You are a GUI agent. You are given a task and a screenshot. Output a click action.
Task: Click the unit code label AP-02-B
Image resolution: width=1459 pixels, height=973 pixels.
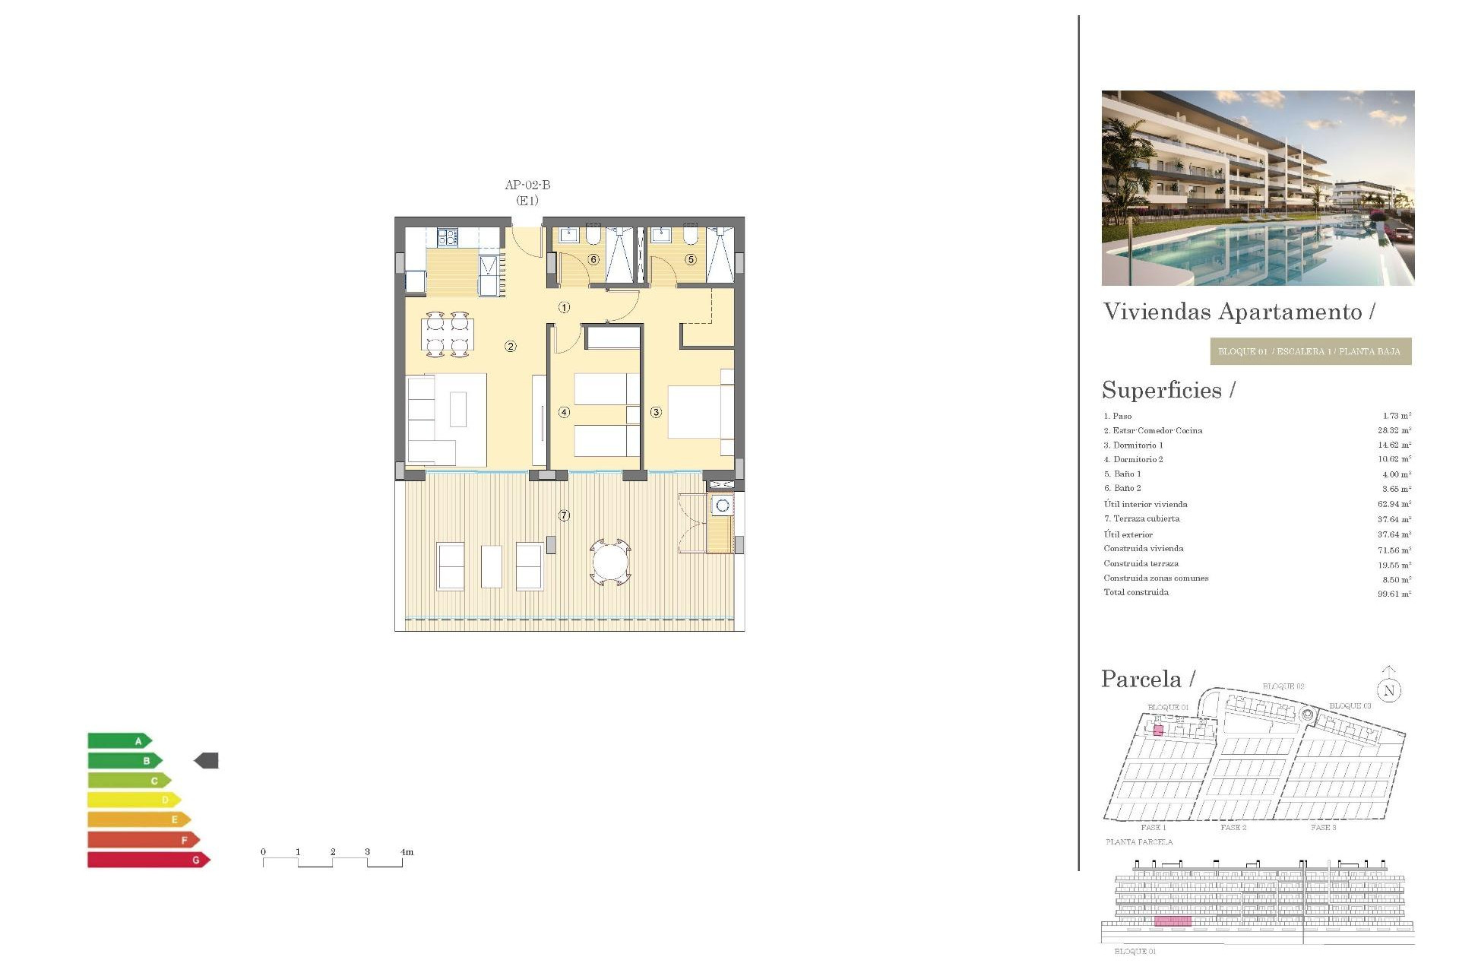(527, 185)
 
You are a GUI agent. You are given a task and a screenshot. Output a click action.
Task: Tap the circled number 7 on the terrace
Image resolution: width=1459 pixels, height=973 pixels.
(564, 515)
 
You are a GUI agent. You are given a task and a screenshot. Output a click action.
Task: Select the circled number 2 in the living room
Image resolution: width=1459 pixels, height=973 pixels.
(511, 347)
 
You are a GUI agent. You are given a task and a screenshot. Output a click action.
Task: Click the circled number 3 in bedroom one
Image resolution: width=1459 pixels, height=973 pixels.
(656, 412)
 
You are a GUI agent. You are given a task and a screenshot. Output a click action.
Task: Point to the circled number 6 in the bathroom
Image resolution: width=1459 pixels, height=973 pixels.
(593, 259)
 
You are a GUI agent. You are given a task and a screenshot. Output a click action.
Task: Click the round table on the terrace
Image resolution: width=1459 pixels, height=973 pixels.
(610, 563)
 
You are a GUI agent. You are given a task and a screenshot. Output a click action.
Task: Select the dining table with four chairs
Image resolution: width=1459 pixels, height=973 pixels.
(448, 334)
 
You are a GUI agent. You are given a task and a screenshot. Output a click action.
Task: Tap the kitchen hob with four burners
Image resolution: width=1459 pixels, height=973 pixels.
(447, 238)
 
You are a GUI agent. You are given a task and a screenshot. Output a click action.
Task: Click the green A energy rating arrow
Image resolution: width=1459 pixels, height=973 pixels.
(119, 741)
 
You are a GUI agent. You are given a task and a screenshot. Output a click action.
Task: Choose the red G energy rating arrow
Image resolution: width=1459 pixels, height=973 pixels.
(148, 860)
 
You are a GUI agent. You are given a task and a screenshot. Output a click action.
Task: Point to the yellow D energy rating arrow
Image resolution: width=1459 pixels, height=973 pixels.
(134, 800)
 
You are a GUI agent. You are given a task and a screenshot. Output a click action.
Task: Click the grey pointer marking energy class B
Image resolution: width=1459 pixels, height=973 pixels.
(207, 760)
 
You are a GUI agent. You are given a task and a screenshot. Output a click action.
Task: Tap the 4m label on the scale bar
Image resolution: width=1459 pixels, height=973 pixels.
(407, 852)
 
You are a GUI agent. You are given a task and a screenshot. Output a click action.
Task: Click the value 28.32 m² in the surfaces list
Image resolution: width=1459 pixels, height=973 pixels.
(1394, 430)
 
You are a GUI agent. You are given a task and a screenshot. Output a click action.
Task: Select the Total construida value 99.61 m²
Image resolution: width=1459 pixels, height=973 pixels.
(1394, 594)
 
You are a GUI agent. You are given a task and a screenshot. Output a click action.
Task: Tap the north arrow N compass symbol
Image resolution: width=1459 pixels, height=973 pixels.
(1389, 689)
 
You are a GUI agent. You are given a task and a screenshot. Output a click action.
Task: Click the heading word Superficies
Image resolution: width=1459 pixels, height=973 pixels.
(1162, 390)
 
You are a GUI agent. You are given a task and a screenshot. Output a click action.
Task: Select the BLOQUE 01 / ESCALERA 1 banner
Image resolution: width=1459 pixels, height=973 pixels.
(1310, 351)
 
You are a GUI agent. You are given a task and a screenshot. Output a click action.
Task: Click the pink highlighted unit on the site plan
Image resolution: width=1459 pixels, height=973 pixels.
(1158, 731)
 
